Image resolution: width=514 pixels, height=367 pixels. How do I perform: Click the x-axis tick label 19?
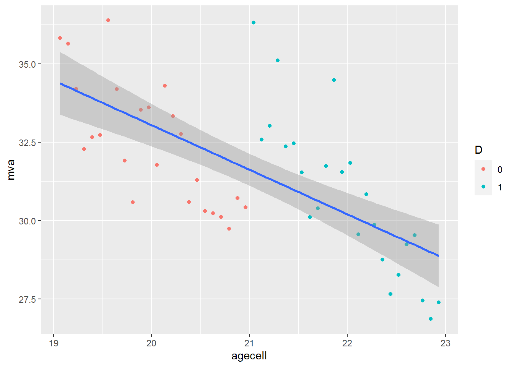[53, 343]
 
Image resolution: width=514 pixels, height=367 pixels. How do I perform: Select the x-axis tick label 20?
[151, 343]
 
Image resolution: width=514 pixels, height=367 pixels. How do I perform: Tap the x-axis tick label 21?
[249, 343]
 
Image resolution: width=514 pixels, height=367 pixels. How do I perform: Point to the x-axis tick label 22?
[347, 343]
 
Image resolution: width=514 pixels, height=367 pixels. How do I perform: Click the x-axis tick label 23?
[445, 343]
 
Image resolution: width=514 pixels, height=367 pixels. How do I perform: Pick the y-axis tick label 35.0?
[27, 64]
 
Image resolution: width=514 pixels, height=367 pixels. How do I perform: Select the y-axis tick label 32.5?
[27, 143]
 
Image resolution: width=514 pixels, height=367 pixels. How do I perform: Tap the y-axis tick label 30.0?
[27, 221]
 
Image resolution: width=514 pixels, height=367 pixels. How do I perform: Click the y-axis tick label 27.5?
[27, 299]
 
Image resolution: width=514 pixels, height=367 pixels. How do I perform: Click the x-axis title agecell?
[249, 356]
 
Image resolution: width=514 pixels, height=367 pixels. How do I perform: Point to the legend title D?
[478, 150]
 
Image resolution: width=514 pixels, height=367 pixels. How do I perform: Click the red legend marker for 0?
[483, 169]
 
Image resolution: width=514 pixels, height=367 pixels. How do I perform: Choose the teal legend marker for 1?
[483, 187]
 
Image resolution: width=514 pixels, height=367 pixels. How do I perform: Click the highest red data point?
[108, 20]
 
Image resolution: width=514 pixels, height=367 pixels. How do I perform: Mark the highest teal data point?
[254, 23]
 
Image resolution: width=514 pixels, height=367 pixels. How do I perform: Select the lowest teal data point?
[431, 319]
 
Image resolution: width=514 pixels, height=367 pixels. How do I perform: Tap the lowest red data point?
[229, 229]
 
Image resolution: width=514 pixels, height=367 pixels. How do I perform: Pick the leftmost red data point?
[60, 38]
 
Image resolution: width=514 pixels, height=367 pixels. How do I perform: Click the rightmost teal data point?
[439, 302]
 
